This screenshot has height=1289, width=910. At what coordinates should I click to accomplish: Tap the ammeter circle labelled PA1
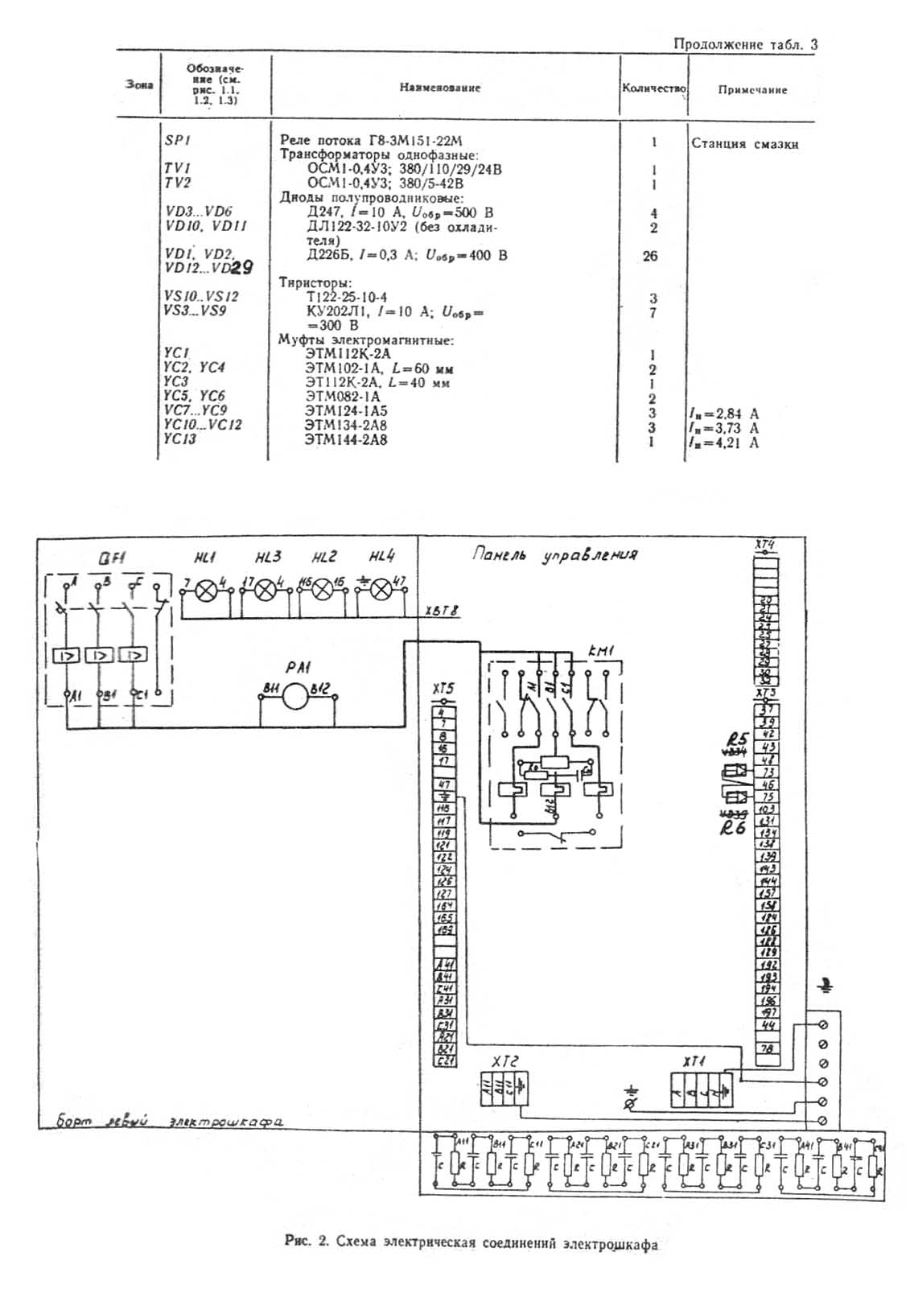[x=295, y=695]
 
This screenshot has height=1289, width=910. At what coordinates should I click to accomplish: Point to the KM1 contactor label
[x=599, y=650]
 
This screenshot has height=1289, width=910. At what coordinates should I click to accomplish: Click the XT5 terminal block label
[x=443, y=689]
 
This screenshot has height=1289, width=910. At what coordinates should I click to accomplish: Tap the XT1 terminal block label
[x=694, y=1062]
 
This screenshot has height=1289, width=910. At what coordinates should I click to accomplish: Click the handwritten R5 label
[x=736, y=739]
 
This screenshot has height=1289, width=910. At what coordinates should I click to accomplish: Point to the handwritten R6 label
[x=733, y=826]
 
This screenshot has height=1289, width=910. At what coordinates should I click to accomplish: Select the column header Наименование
[x=439, y=88]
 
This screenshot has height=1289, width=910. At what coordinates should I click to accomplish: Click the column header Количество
[x=653, y=88]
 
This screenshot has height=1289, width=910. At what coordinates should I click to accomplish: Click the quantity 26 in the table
[x=650, y=256]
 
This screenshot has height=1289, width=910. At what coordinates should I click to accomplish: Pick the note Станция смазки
[x=744, y=144]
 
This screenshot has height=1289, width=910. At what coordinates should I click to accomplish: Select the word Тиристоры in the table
[x=315, y=283]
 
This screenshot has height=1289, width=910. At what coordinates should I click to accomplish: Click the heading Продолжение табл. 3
[x=745, y=44]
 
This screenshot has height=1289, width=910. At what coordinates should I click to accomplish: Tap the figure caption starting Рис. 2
[x=471, y=1243]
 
